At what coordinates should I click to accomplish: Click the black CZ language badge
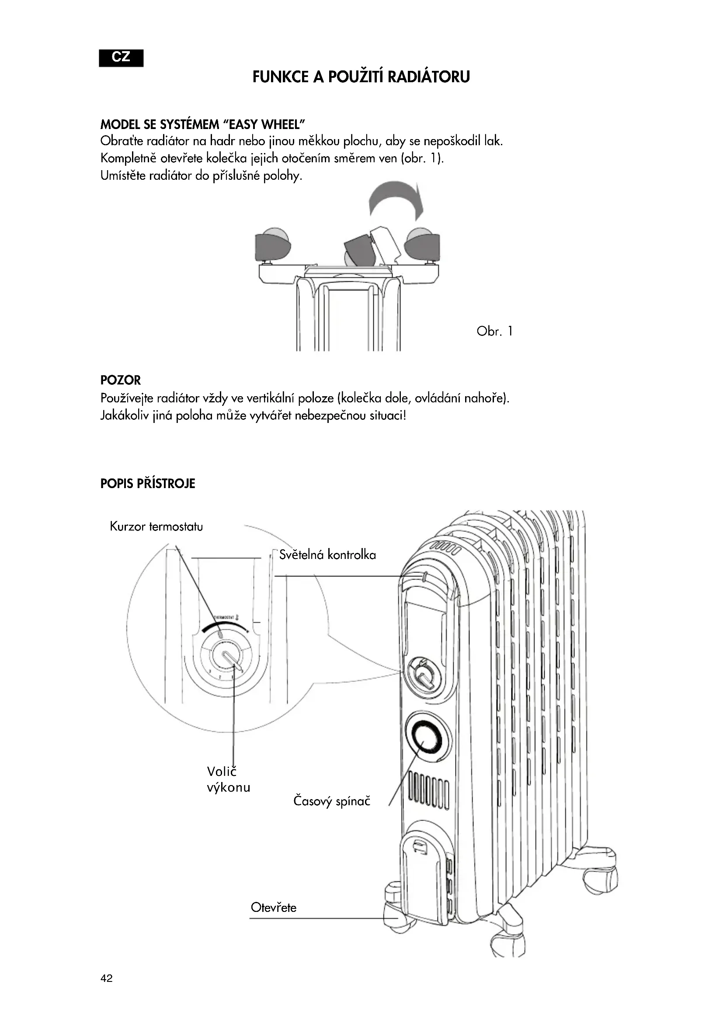click(x=121, y=58)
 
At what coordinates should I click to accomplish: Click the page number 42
click(x=106, y=978)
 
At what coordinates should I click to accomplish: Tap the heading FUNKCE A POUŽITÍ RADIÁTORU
click(x=361, y=77)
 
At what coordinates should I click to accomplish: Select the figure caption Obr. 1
click(x=494, y=331)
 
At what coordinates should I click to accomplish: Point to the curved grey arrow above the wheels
click(x=395, y=198)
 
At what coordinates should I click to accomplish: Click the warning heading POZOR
click(x=120, y=380)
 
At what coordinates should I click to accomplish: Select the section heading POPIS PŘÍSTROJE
click(x=147, y=483)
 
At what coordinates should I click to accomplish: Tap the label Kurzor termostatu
click(x=156, y=527)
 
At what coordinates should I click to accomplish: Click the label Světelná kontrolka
click(x=328, y=555)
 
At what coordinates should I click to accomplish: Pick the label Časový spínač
click(x=332, y=801)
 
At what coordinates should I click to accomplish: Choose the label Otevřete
click(x=273, y=907)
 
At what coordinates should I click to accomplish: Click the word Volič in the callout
click(x=221, y=771)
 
